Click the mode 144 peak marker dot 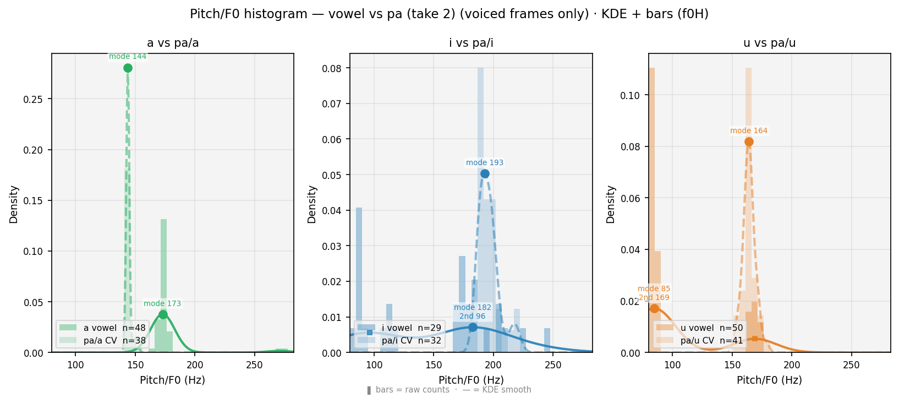coord(128,68)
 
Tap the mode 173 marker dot coord(163,314)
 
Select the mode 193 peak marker coord(485,174)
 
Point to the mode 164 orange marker coord(749,142)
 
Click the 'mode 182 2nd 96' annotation coord(473,312)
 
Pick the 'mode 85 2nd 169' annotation coord(654,293)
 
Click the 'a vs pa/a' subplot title coord(173,43)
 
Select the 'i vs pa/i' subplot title coord(471,43)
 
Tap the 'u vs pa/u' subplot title coord(769,43)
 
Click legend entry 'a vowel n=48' coord(103,328)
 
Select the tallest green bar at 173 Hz coord(163,286)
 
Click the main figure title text coord(449,14)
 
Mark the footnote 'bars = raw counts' coord(413,390)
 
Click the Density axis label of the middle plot coord(312,204)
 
